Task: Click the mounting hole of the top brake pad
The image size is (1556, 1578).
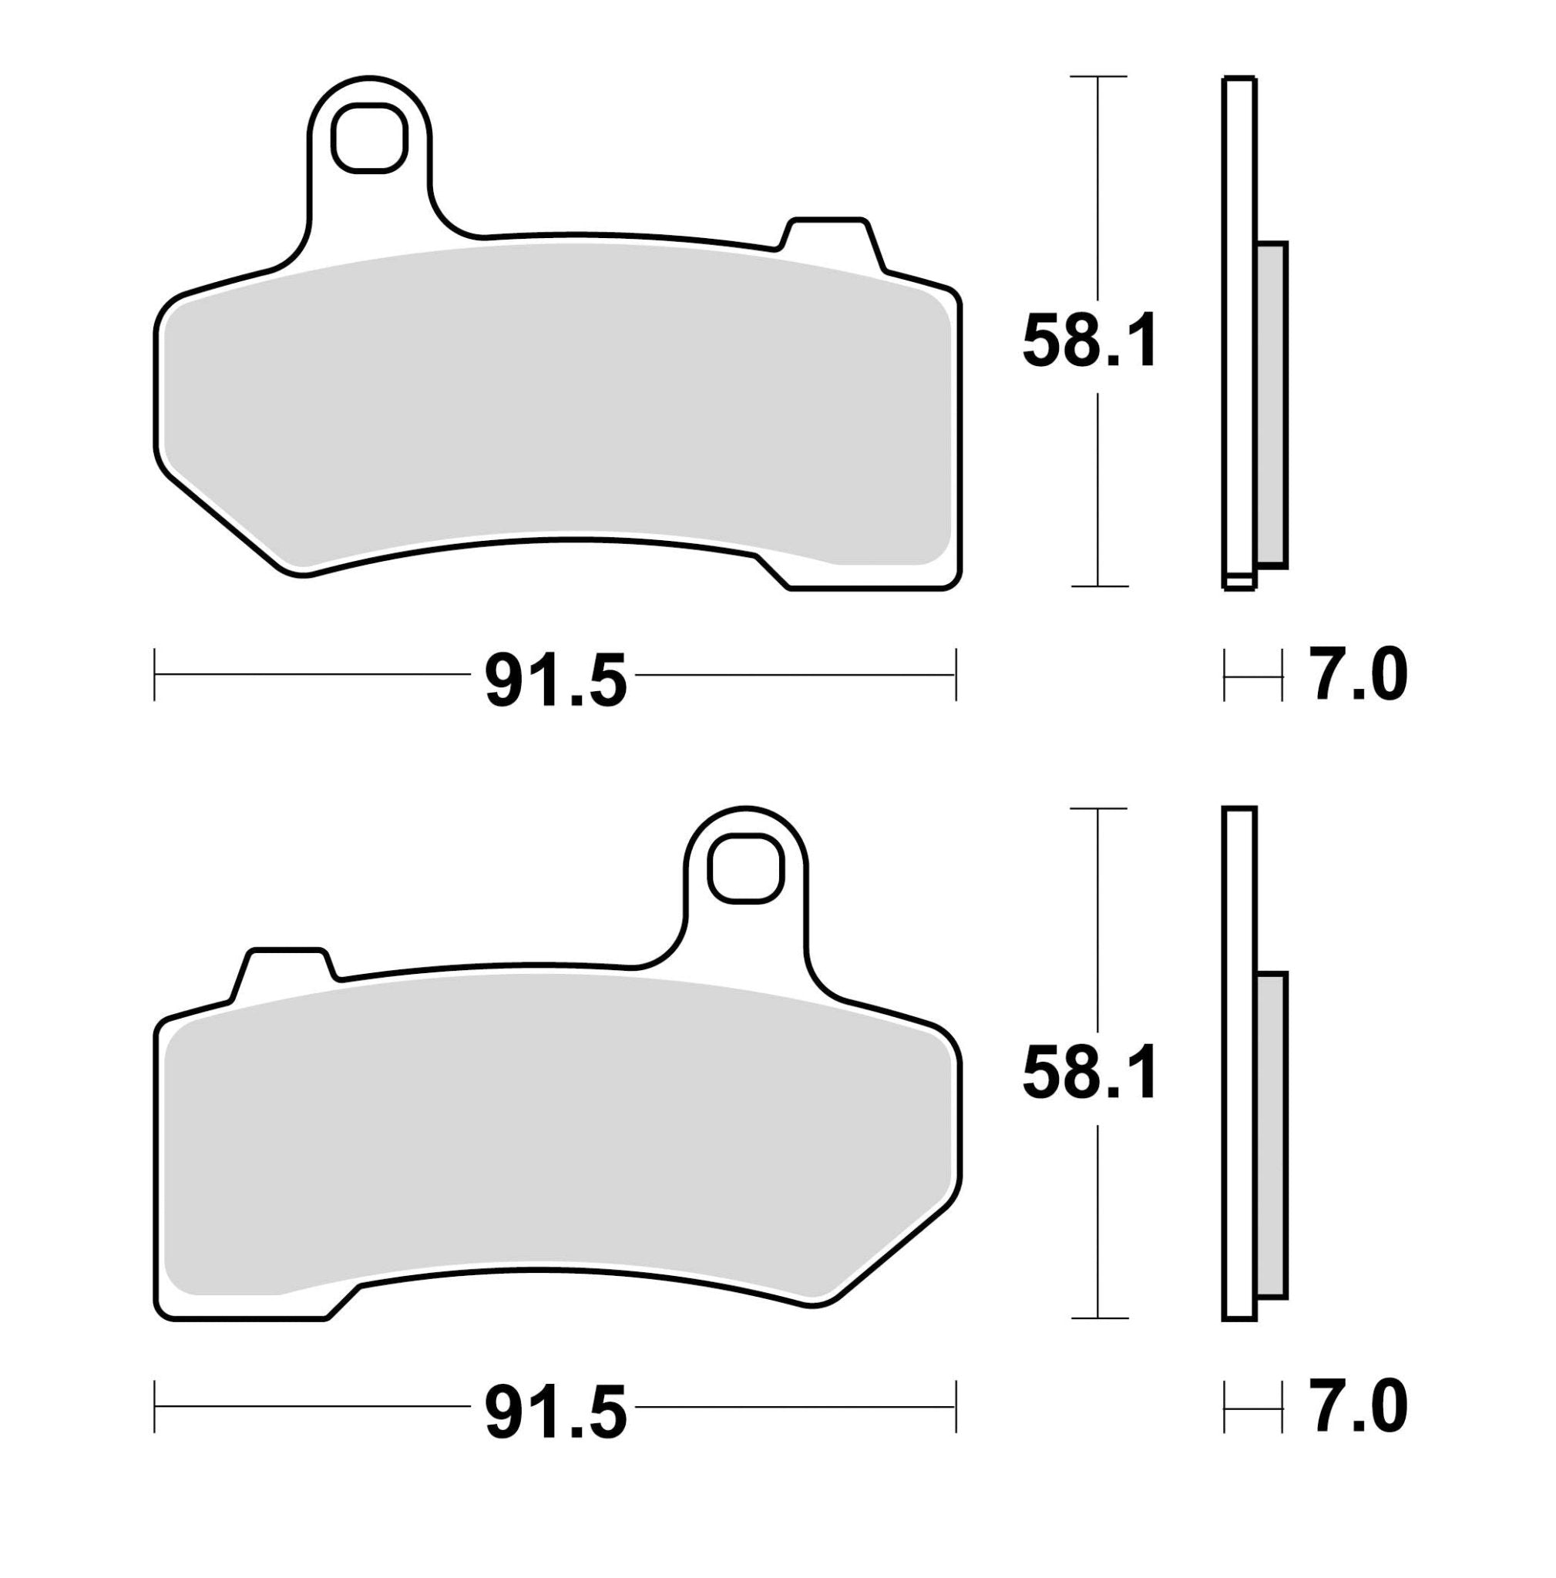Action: tap(368, 137)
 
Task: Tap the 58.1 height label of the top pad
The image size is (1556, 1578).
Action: tap(1090, 341)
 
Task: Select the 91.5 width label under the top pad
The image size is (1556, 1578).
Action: tap(556, 680)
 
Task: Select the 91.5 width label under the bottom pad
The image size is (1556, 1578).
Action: tap(556, 1411)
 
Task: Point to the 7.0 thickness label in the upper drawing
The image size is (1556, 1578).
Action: tap(1359, 676)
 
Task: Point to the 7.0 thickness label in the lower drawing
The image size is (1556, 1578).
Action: tap(1359, 1405)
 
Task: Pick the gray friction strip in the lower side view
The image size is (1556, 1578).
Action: tap(1272, 1134)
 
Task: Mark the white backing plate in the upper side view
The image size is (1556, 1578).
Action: tap(1239, 327)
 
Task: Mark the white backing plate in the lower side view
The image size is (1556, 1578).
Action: tap(1239, 1062)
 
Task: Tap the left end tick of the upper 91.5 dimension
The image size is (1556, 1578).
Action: tap(154, 675)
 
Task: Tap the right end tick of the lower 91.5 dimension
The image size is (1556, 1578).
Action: tap(955, 1405)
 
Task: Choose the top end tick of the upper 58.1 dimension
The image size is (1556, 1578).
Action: tap(1097, 76)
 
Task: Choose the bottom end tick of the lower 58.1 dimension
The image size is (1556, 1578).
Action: tap(1097, 1318)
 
